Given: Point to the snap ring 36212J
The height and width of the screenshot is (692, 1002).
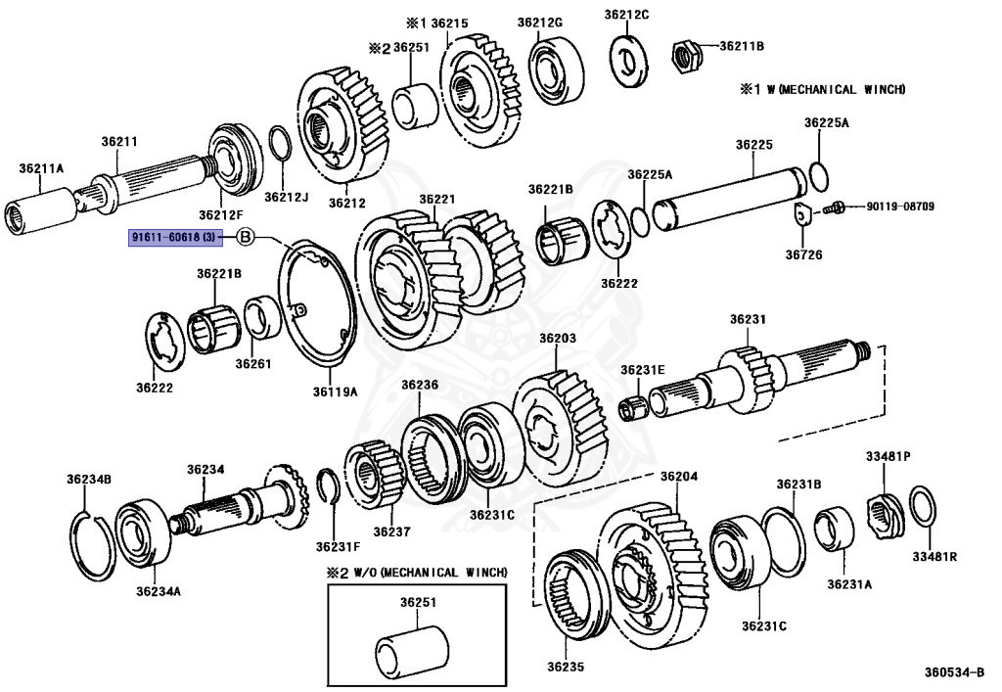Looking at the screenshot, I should coord(279,146).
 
